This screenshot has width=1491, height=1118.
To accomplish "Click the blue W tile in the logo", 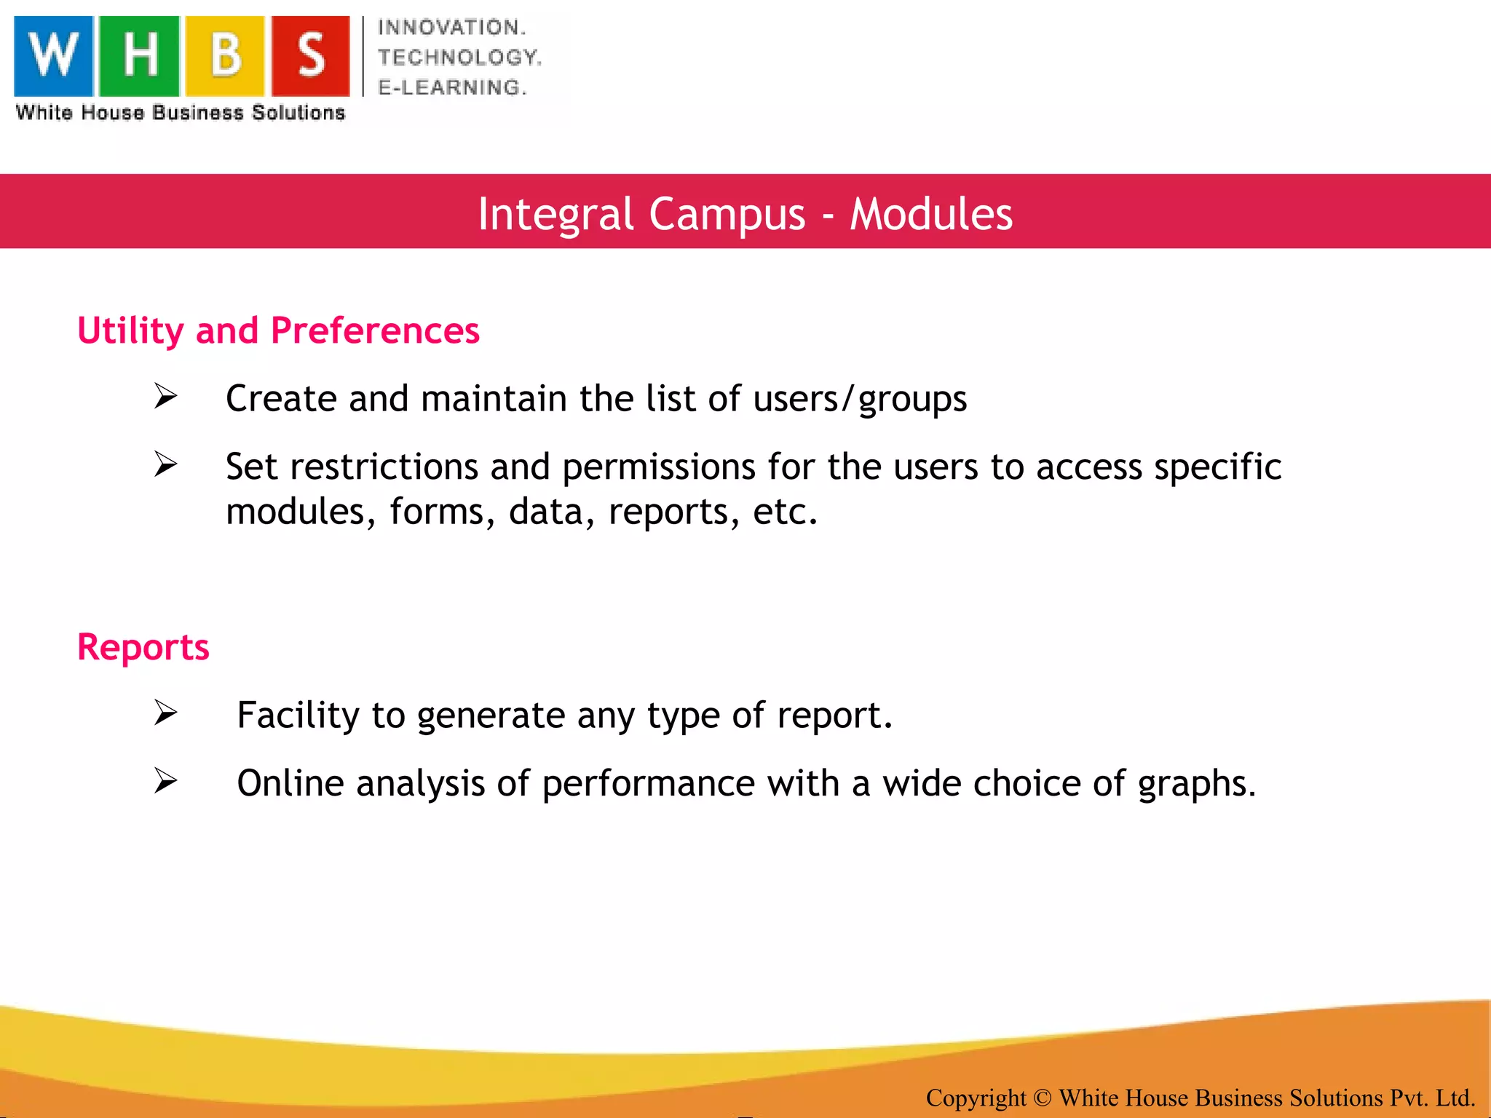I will pos(54,56).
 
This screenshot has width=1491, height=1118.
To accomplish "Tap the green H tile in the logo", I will pos(139,56).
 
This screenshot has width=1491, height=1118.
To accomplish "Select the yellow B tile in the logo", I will pos(225,56).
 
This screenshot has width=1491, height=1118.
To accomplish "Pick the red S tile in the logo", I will pos(311,56).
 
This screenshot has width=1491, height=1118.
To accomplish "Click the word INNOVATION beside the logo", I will pos(451,28).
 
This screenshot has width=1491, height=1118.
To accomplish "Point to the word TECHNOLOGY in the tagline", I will pos(459,58).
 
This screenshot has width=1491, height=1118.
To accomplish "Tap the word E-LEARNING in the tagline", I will pos(451,87).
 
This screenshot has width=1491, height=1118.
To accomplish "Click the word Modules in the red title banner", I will pos(931,214).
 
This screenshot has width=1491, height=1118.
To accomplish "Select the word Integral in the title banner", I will pos(555,214).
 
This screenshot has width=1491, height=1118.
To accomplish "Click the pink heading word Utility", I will pos(130,331).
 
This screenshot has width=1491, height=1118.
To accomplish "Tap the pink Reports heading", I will pos(143,647).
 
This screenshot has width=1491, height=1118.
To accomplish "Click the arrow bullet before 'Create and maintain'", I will pos(166,397).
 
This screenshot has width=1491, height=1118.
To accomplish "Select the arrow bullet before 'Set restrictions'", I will pos(166,464).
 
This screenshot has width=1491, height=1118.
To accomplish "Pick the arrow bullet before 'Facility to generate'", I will pos(166,713).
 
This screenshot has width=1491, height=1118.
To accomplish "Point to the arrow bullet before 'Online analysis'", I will pos(166,781).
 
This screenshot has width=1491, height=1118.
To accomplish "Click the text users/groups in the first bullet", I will pos(860,399).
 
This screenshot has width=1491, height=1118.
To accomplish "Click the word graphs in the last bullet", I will pos(1196,784).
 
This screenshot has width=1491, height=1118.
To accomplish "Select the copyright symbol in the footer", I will pos(1042,1097).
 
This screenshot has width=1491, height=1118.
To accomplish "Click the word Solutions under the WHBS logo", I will pos(298,113).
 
